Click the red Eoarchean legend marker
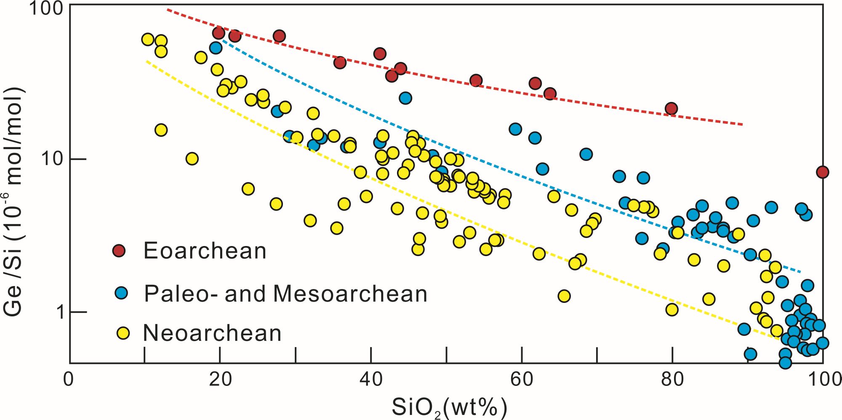tap(119, 251)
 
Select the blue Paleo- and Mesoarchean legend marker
tap(122, 293)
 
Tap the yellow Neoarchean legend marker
tap(123, 333)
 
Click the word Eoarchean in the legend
tap(205, 251)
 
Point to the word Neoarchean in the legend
tap(212, 333)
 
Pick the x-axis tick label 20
tap(220, 380)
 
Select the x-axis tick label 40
tap(371, 380)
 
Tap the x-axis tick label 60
tap(522, 380)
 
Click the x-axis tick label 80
tap(672, 380)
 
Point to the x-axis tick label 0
tap(69, 380)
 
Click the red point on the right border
tap(823, 172)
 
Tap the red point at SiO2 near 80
tap(671, 109)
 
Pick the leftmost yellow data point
tap(148, 40)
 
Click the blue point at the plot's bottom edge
tap(785, 362)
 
